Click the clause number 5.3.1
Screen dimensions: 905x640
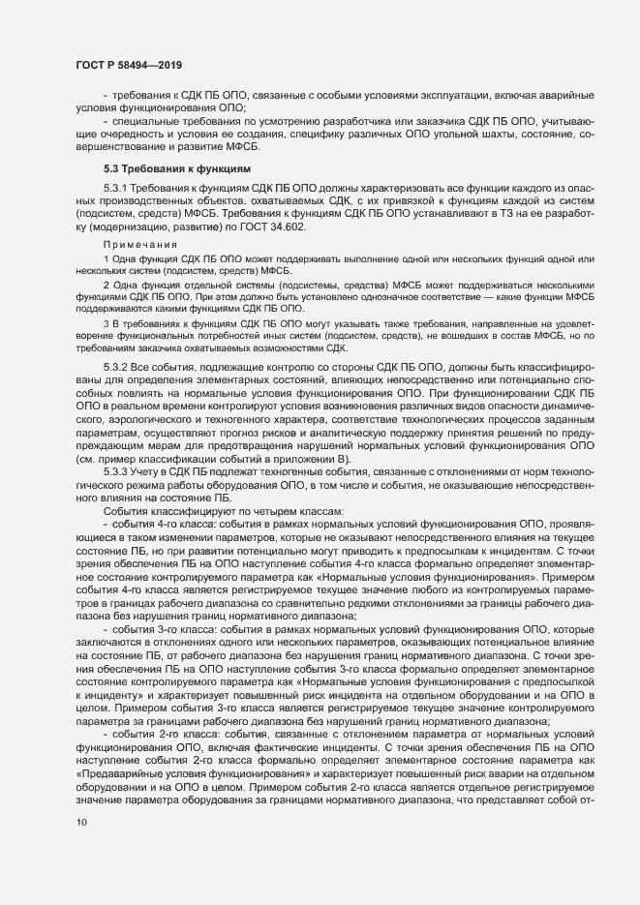coord(117,186)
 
